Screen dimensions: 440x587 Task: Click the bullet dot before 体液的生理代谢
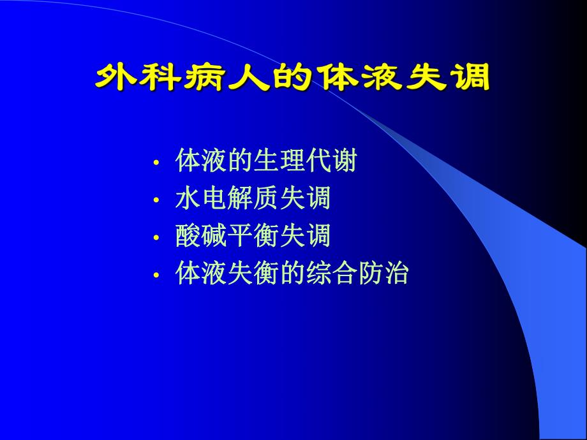tap(156, 163)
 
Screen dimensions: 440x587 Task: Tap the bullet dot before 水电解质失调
tap(156, 200)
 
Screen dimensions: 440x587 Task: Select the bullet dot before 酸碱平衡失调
tap(156, 238)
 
